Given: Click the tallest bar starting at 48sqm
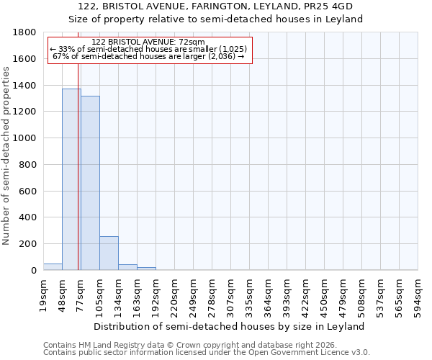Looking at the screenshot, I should coord(71,180).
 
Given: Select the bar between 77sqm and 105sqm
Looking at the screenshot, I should coord(90,184).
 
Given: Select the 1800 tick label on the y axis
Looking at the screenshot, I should coord(26,32).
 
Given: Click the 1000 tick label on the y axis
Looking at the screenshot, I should coord(26,138).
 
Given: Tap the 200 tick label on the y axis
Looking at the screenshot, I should coord(29,244).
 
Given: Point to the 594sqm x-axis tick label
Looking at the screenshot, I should coord(419,293).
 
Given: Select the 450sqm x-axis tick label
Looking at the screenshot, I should coord(325,293).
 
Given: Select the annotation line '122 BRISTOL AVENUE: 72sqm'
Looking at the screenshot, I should coord(149,42).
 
